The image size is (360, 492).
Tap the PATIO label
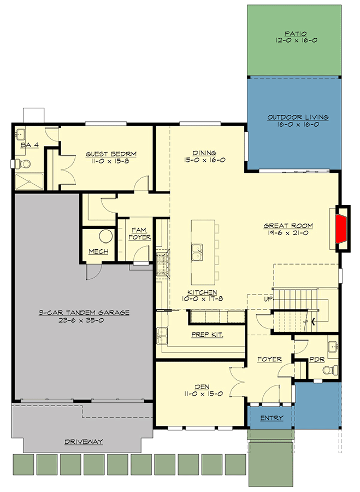[x=295, y=33]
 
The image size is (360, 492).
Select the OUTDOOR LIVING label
[x=297, y=118]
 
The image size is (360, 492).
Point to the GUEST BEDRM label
[x=111, y=154]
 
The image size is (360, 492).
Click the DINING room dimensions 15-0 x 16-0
[x=205, y=160]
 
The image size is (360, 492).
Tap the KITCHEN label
[x=202, y=292]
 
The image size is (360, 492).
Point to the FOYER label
[x=269, y=359]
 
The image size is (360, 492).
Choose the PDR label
[x=317, y=359]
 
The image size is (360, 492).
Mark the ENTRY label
[x=272, y=418]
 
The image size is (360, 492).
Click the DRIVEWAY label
[x=84, y=441]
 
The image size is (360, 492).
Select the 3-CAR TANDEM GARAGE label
[x=84, y=313]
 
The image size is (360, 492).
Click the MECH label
[x=98, y=251]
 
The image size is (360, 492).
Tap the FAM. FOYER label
[x=140, y=233]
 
